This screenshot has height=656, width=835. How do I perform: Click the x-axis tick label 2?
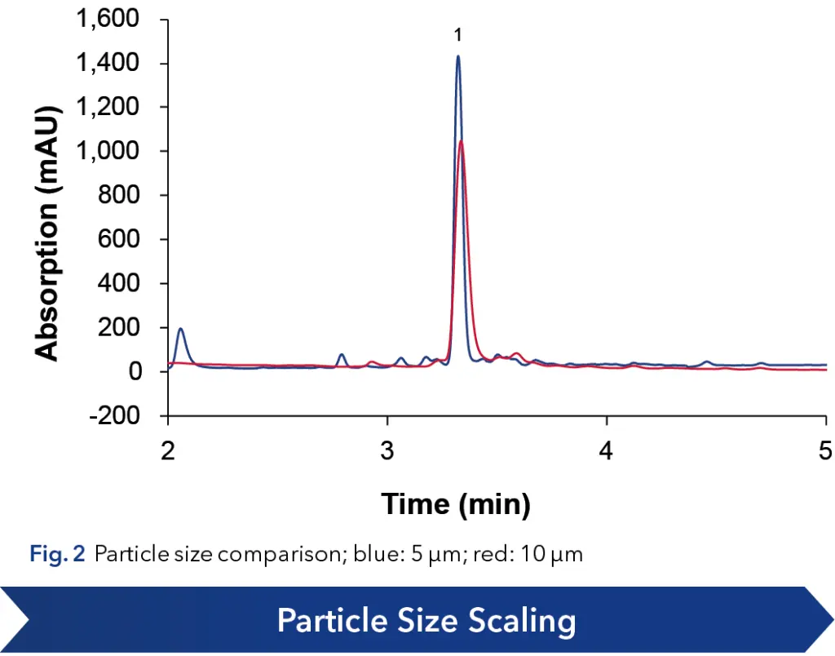pos(168,450)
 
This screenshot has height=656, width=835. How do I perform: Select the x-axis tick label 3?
pos(387,450)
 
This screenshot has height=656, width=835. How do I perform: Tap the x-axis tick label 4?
pos(607,450)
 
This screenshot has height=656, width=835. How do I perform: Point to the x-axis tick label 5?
pos(825,450)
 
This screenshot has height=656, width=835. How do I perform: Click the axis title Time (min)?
pos(456,504)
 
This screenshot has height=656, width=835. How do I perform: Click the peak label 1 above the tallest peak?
pos(458,35)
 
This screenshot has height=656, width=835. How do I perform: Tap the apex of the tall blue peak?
pos(458,56)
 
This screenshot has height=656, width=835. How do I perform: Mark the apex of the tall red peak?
pos(462,141)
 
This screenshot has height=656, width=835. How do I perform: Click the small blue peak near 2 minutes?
pos(180,330)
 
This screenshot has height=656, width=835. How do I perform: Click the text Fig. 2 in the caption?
pos(56,556)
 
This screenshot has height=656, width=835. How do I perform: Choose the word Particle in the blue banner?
pos(326,622)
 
